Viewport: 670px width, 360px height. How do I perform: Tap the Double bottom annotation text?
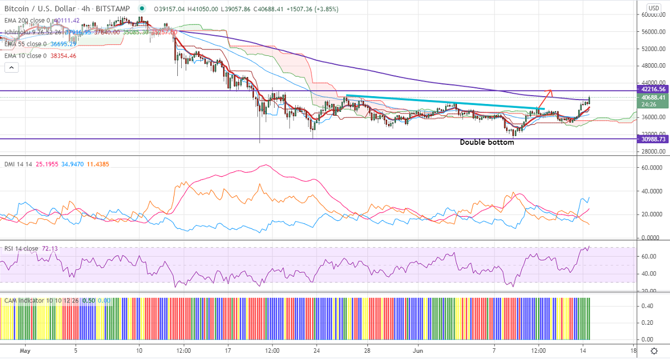[x=487, y=143]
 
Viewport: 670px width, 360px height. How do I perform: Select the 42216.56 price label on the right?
[x=653, y=89]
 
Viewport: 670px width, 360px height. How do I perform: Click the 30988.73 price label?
[x=653, y=139]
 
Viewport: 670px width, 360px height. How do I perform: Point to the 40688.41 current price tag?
[x=653, y=97]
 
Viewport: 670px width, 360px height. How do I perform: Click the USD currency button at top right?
[x=653, y=8]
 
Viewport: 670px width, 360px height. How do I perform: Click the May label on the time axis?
[x=23, y=351]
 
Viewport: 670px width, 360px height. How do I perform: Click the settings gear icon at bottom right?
[x=654, y=351]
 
